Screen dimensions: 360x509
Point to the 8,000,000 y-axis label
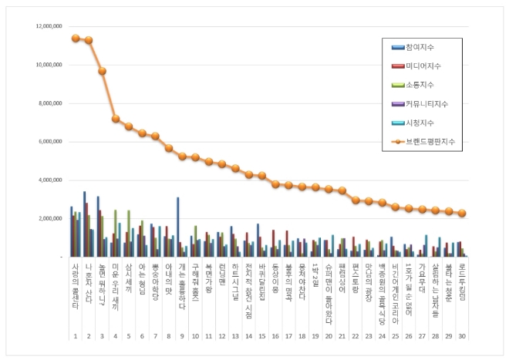pyautogui.click(x=47, y=103)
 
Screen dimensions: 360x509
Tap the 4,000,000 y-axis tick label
pyautogui.click(x=47, y=180)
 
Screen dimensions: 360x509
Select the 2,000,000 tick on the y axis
pyautogui.click(x=47, y=218)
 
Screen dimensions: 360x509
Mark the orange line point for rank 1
pyautogui.click(x=75, y=38)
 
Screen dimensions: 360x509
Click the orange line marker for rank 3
pyautogui.click(x=102, y=71)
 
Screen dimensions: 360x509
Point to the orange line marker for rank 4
pyautogui.click(x=116, y=119)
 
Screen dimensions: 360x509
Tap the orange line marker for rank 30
pyautogui.click(x=461, y=214)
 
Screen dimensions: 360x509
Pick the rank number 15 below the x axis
pyautogui.click(x=262, y=336)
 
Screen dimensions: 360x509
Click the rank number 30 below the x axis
pyautogui.click(x=461, y=336)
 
